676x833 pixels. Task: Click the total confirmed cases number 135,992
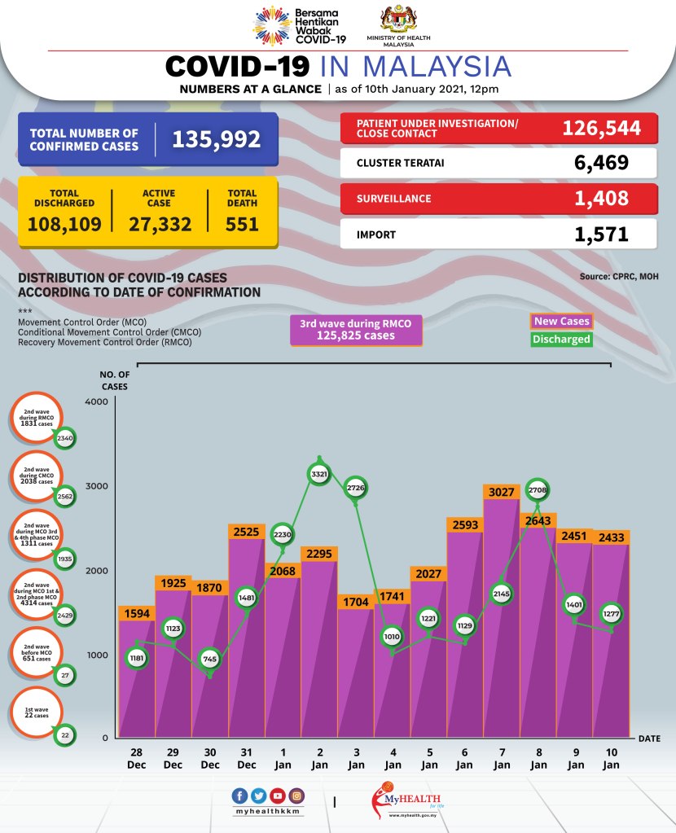coord(216,138)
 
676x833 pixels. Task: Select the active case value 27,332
coord(160,222)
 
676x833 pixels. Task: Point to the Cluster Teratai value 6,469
coord(601,162)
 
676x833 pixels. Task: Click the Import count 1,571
coord(601,235)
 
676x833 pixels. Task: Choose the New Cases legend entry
coord(561,321)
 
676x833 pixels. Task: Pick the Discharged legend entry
coord(561,339)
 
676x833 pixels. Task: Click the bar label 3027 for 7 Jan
coord(502,491)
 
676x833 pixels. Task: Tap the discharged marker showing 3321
coord(319,473)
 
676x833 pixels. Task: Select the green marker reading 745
coord(209,660)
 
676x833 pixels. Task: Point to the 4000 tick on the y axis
coord(97,402)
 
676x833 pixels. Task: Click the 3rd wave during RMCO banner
coord(356,330)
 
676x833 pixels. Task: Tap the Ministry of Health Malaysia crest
coord(398,19)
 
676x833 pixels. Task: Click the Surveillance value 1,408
coord(601,198)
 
